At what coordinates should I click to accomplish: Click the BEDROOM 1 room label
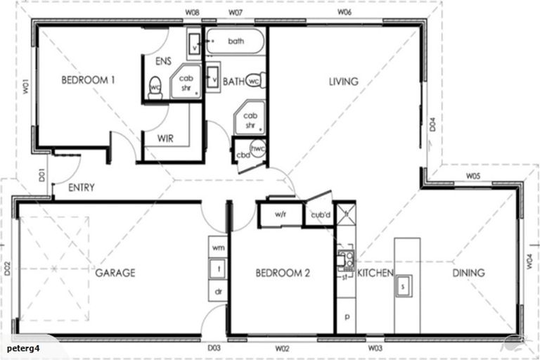tap(88, 80)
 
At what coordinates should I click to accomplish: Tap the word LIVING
tap(343, 82)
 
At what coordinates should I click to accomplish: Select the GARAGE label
tap(115, 273)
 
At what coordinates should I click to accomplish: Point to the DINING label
tap(468, 273)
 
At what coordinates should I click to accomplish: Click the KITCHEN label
tap(375, 273)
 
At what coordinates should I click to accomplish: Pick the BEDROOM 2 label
tap(283, 273)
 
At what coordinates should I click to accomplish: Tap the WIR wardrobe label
tap(165, 139)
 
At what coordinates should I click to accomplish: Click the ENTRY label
tap(82, 188)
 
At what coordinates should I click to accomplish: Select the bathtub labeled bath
tap(236, 41)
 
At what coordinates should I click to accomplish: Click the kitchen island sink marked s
tap(402, 285)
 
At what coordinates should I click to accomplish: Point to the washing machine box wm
tap(218, 248)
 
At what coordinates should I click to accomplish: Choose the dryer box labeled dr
tap(218, 290)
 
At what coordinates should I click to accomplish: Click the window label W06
tap(345, 13)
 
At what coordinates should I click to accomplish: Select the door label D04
tap(433, 126)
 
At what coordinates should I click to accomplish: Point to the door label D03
tap(214, 347)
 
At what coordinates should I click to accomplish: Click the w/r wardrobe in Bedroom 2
tap(279, 214)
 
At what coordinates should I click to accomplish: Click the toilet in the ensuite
tap(155, 89)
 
